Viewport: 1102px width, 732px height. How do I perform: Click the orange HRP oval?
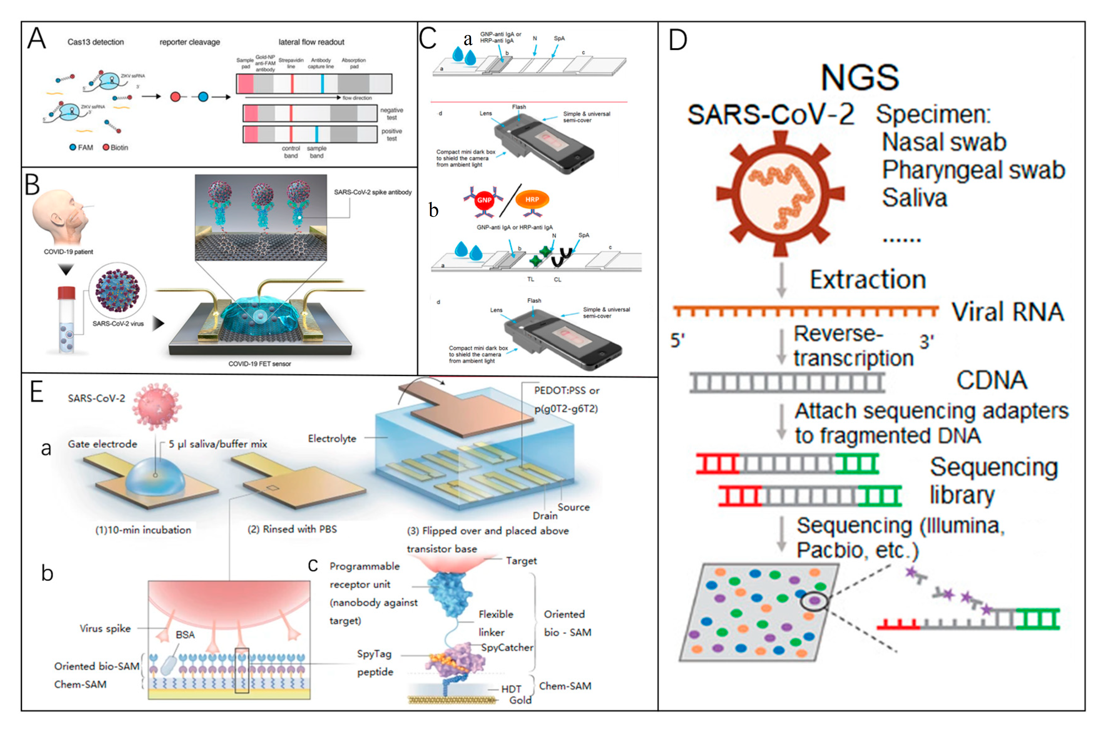coord(532,199)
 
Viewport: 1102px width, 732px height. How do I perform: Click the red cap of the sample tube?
coord(66,293)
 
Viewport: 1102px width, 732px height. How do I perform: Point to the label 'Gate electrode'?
coord(102,444)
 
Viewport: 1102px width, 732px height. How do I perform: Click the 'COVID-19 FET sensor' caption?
coord(259,364)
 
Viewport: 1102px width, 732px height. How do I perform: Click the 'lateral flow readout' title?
coord(311,42)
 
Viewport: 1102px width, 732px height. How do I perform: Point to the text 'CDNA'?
coord(991,380)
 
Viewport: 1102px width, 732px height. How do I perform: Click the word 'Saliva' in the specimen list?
coord(914,198)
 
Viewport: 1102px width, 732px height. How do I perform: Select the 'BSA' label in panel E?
coord(185,635)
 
